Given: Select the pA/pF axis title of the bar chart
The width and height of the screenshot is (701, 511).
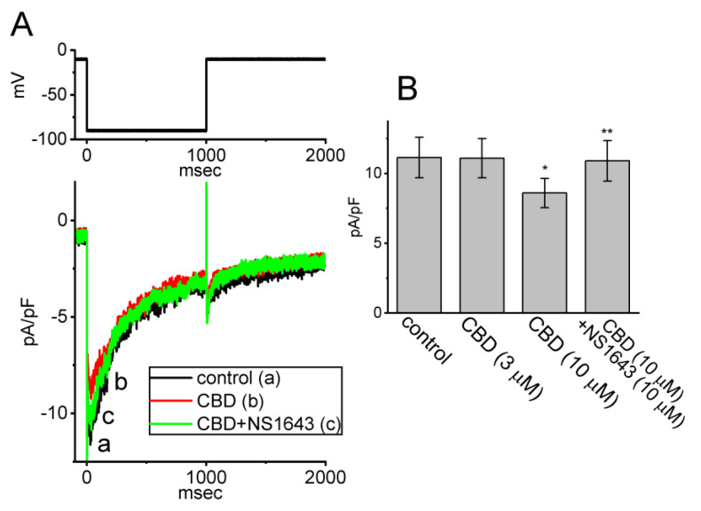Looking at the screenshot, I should tap(355, 226).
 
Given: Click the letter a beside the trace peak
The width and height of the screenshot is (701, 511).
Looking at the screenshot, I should tap(104, 446).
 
